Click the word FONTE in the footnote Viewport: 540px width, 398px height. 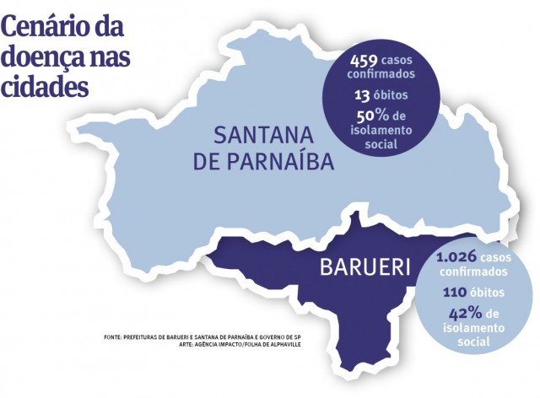[x=113, y=337]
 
